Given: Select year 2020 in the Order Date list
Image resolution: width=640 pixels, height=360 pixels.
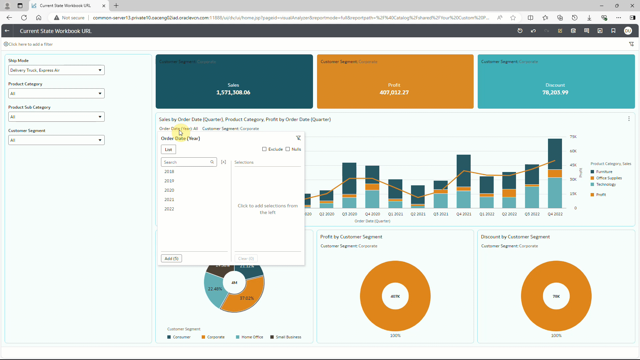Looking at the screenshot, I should [169, 190].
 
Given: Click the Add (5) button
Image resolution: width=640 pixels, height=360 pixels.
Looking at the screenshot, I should [171, 258].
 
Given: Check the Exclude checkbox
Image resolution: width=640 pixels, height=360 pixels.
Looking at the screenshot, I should [264, 149].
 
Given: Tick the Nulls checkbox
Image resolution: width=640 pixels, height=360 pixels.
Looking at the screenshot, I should [288, 149].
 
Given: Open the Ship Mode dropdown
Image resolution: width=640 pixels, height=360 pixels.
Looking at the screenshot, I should [56, 70].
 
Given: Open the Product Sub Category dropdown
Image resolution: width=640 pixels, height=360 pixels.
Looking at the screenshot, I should [56, 117].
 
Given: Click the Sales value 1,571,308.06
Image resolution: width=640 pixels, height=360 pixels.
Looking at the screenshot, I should [233, 92].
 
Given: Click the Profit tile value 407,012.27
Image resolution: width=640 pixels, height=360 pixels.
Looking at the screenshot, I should [394, 92].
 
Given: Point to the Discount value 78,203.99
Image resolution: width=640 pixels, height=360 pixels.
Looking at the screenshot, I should [555, 92].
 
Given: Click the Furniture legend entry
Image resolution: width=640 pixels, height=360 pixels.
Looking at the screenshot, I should [604, 172].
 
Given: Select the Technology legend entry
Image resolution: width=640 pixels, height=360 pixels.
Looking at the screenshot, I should [606, 184].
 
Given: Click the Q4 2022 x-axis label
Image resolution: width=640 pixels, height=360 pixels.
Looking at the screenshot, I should [555, 214].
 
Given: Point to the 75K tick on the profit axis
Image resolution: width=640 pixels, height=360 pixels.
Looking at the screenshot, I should [573, 137].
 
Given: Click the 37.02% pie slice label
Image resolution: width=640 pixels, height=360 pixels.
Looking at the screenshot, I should [247, 298].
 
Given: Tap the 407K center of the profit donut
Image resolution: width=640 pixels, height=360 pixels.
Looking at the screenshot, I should [395, 296].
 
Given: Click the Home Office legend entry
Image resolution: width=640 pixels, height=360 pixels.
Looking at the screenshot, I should [252, 337].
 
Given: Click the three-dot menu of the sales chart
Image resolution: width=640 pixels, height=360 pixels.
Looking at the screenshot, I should [629, 119].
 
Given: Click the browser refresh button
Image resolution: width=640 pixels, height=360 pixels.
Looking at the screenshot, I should [24, 18].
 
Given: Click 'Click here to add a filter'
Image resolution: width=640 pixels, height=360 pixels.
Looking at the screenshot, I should [30, 44].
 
